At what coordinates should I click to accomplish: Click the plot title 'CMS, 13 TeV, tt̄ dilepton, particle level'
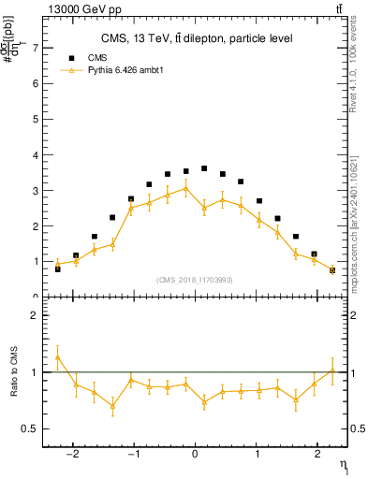tap(197, 38)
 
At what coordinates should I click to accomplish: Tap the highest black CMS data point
tap(204, 168)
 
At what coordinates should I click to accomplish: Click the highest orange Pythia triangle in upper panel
tap(185, 188)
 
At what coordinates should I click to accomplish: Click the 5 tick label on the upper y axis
tap(36, 119)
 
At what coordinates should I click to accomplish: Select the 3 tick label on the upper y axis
tap(36, 191)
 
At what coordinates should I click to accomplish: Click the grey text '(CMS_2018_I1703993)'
tap(195, 280)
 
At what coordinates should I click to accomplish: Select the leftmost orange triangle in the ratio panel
tap(57, 356)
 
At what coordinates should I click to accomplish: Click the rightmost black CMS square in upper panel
tap(332, 270)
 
